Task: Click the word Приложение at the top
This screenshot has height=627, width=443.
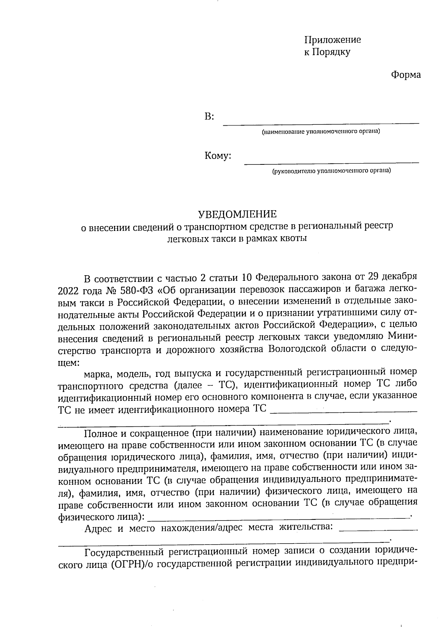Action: [332, 40]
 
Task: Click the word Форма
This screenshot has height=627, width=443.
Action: [405, 75]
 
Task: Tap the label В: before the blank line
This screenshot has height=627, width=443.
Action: [209, 117]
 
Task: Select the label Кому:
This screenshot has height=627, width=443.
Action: [218, 156]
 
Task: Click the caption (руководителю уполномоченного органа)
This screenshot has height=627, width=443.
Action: [331, 171]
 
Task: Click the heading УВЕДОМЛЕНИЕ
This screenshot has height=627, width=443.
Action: [237, 214]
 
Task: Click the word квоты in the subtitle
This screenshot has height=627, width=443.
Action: [294, 239]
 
